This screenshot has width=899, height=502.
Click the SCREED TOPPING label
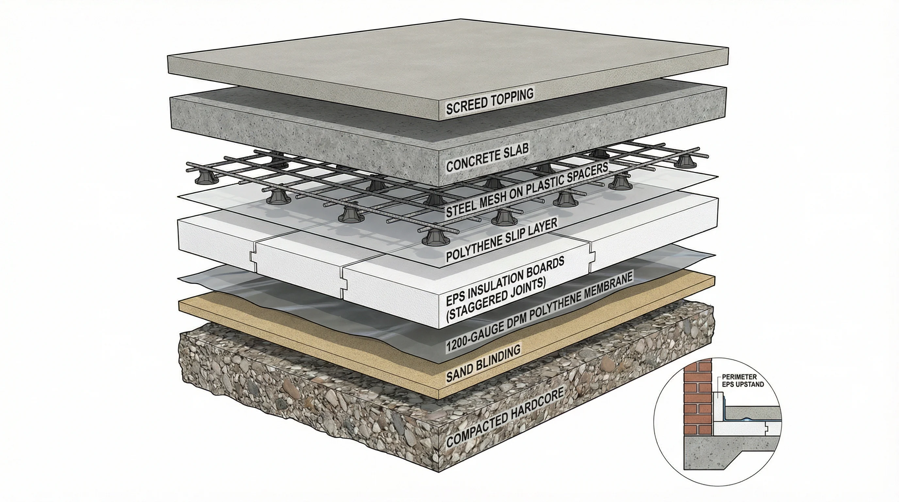[x=490, y=101]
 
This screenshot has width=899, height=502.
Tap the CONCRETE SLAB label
[x=487, y=158]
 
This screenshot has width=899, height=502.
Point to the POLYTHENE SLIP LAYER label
[x=502, y=240]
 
